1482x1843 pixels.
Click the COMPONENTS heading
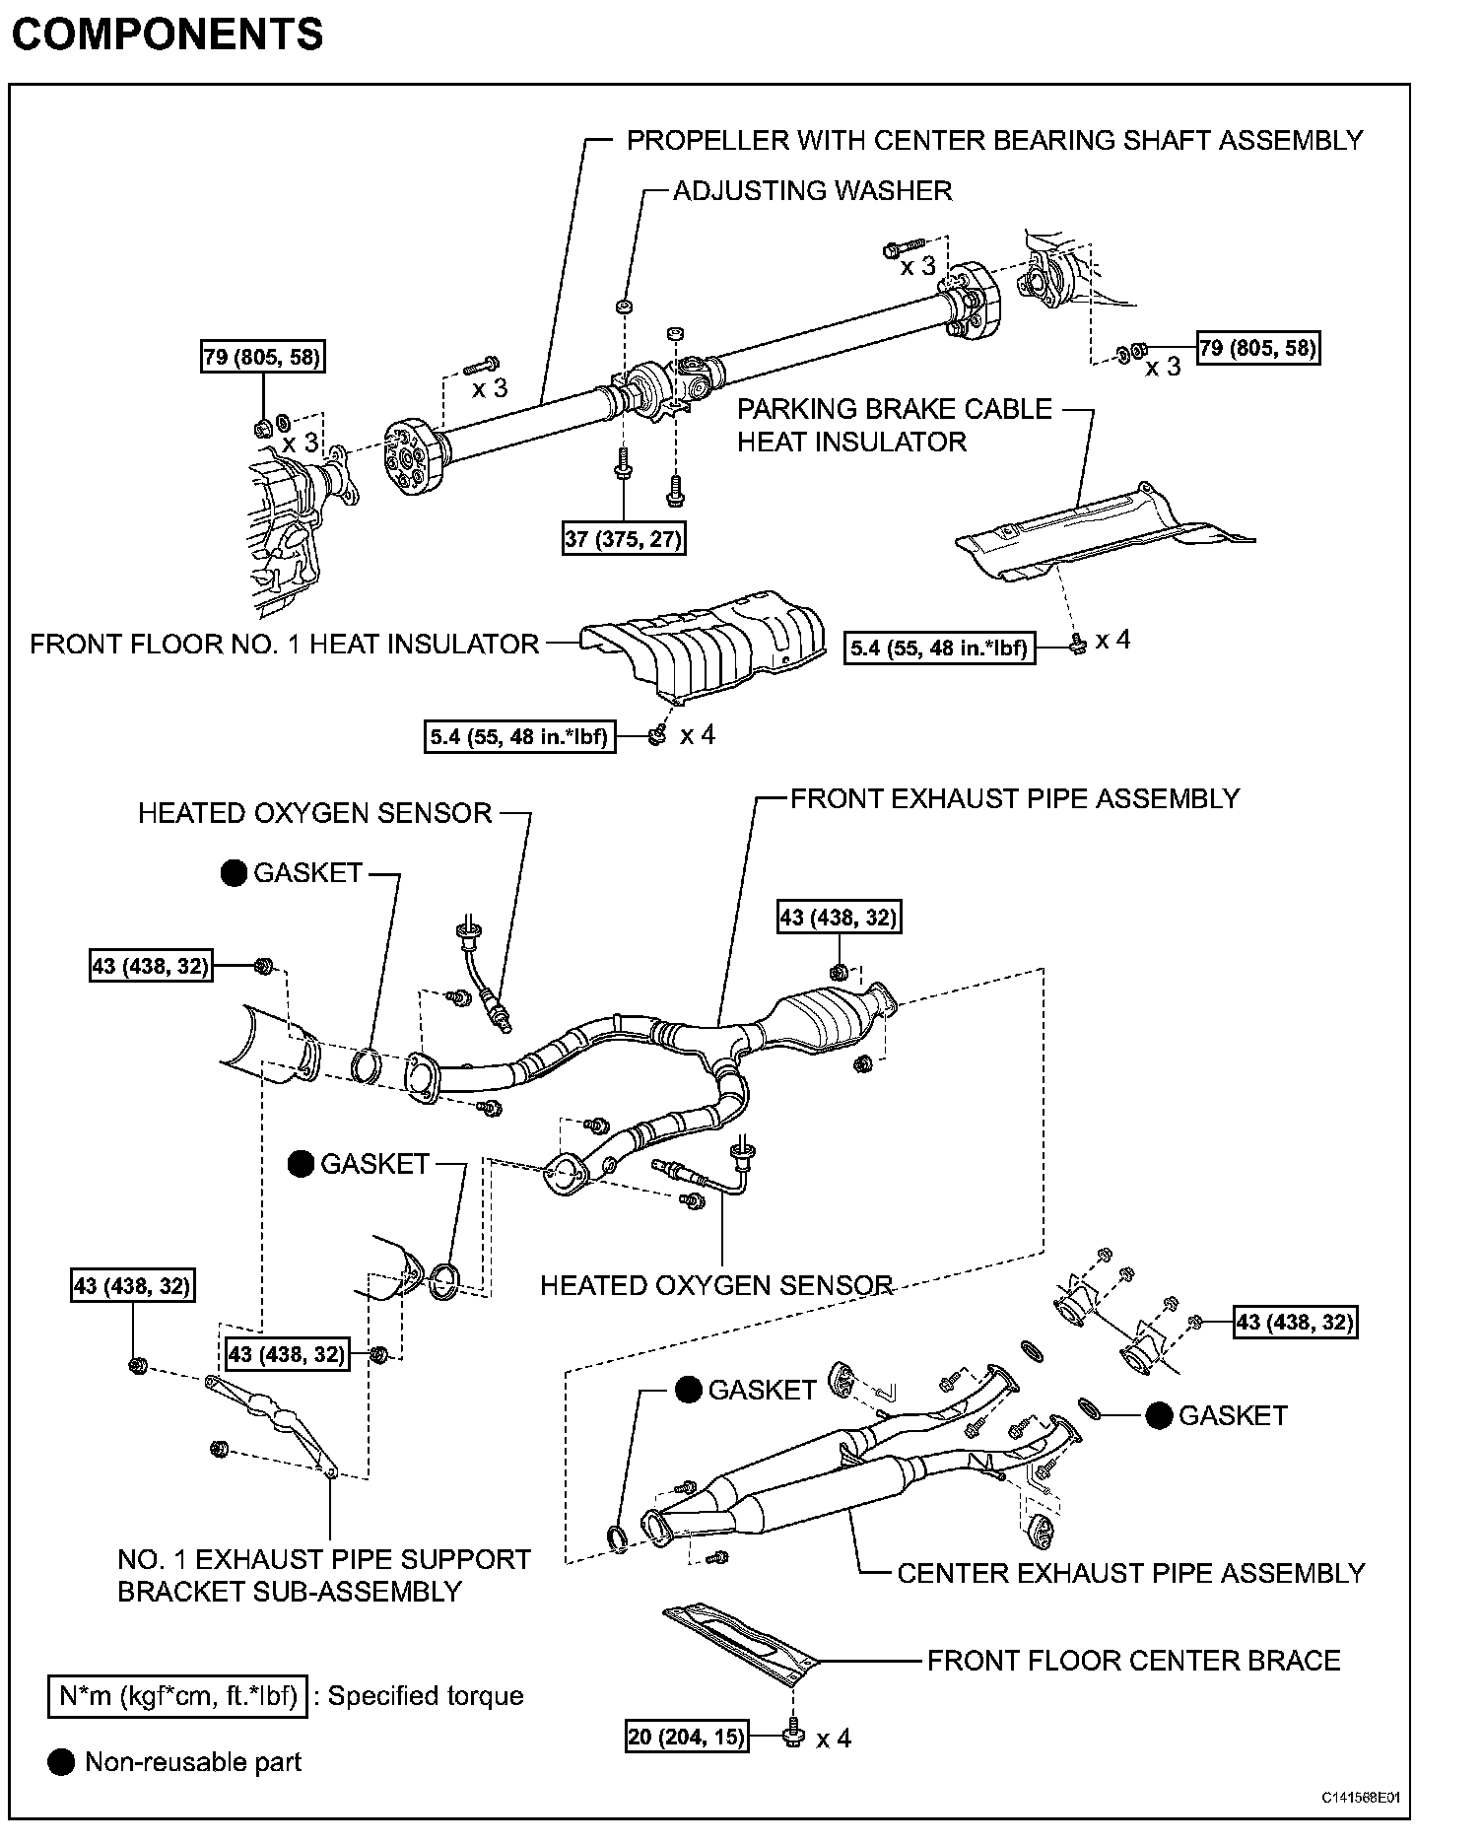pyautogui.click(x=168, y=34)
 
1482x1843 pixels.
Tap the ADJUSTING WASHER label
pyautogui.click(x=812, y=190)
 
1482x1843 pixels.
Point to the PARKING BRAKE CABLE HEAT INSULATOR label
pyautogui.click(x=895, y=425)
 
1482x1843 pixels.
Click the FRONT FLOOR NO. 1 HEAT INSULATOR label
pyautogui.click(x=284, y=645)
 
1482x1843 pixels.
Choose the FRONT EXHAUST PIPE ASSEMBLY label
pyautogui.click(x=1015, y=798)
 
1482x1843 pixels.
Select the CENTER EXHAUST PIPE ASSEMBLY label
pyautogui.click(x=1131, y=1573)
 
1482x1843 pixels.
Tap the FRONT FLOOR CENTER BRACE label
pyautogui.click(x=1134, y=1661)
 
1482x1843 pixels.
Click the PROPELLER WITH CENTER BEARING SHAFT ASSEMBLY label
pyautogui.click(x=995, y=141)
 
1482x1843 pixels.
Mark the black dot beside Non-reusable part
pyautogui.click(x=61, y=1762)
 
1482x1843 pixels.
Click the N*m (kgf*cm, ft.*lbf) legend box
pyautogui.click(x=177, y=1696)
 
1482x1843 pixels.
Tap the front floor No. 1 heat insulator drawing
pyautogui.click(x=705, y=646)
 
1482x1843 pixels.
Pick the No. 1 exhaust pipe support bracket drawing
pyautogui.click(x=271, y=1415)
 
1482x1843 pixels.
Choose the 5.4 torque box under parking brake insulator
pyautogui.click(x=940, y=648)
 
